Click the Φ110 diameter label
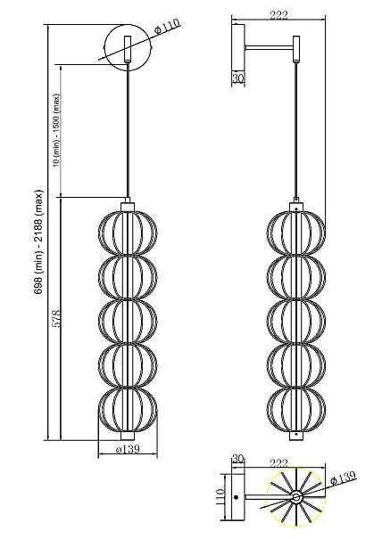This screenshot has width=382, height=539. click(x=168, y=26)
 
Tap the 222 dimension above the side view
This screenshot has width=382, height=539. click(x=278, y=16)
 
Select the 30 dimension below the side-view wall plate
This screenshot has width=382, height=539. click(x=237, y=78)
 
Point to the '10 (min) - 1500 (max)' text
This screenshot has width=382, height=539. click(x=56, y=131)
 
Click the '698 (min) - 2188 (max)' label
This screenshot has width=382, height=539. click(x=39, y=241)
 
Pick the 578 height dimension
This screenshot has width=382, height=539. click(x=56, y=319)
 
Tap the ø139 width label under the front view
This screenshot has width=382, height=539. click(x=128, y=449)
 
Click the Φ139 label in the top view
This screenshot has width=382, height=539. click(x=343, y=478)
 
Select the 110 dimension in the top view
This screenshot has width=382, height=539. click(x=220, y=496)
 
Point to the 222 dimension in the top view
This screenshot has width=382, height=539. click(x=278, y=463)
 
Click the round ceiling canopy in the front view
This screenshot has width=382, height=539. click(x=128, y=46)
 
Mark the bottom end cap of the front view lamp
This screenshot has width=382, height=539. click(x=128, y=436)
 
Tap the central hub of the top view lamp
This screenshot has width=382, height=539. click(x=296, y=497)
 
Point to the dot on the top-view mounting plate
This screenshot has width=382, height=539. click(x=236, y=497)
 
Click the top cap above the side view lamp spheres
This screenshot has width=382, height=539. click(x=296, y=207)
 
